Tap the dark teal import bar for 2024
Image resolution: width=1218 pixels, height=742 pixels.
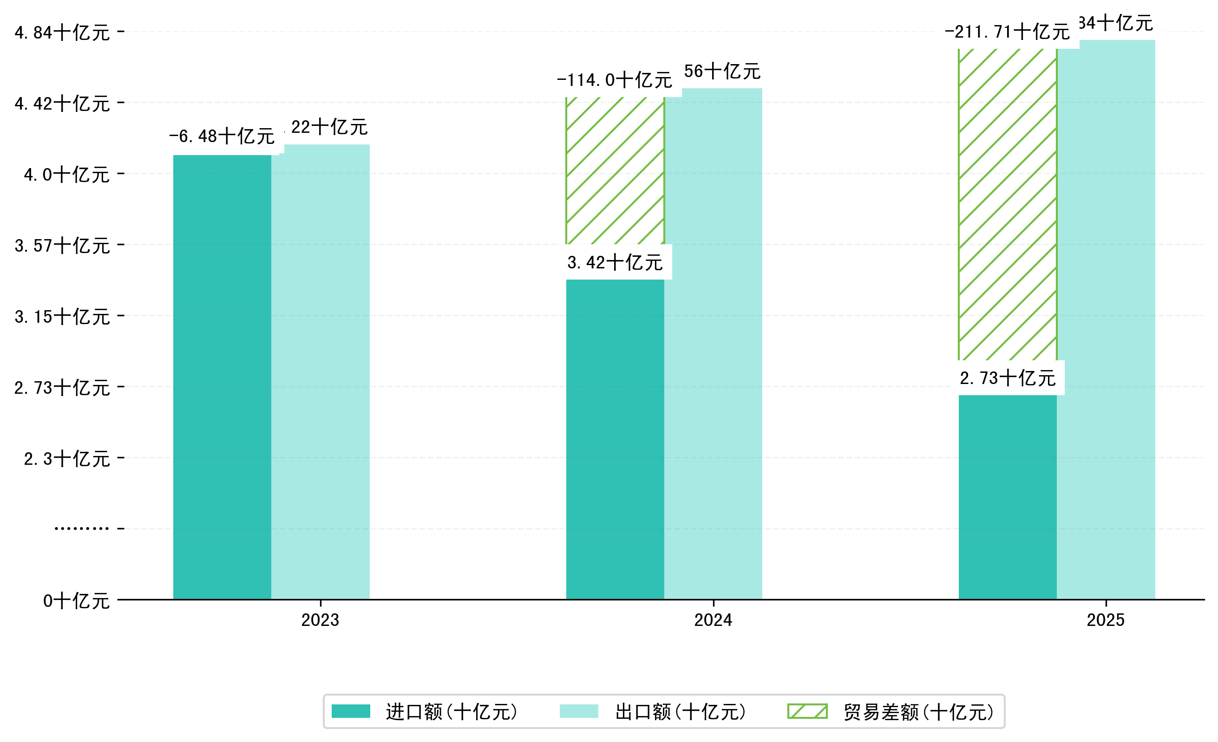click(615, 439)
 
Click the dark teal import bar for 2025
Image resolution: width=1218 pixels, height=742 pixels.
click(1008, 497)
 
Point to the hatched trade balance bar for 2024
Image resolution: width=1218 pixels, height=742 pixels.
click(615, 170)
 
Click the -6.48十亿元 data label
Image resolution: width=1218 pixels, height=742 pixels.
click(222, 136)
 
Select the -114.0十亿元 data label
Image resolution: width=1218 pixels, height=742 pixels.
click(615, 80)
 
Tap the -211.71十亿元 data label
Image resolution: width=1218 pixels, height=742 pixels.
click(1007, 32)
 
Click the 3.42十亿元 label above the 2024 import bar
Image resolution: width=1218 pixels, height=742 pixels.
click(615, 262)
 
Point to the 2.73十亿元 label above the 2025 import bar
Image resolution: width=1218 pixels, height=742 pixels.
click(1008, 378)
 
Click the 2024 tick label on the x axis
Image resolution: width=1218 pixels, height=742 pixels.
click(713, 620)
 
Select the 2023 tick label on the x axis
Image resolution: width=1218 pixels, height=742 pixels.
click(321, 620)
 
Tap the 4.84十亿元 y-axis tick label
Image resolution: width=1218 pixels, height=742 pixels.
click(62, 33)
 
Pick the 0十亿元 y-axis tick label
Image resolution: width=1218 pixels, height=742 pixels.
click(76, 601)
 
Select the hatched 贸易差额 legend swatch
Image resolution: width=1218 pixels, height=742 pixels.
click(807, 711)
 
